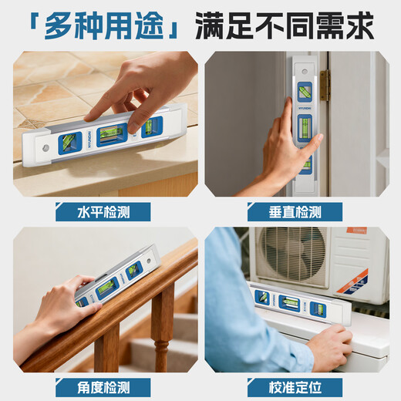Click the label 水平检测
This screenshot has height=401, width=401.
(x=103, y=212)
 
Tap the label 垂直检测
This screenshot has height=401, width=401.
(x=295, y=212)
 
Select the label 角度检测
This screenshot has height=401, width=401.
(x=103, y=386)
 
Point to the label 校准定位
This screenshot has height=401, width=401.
(x=295, y=386)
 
